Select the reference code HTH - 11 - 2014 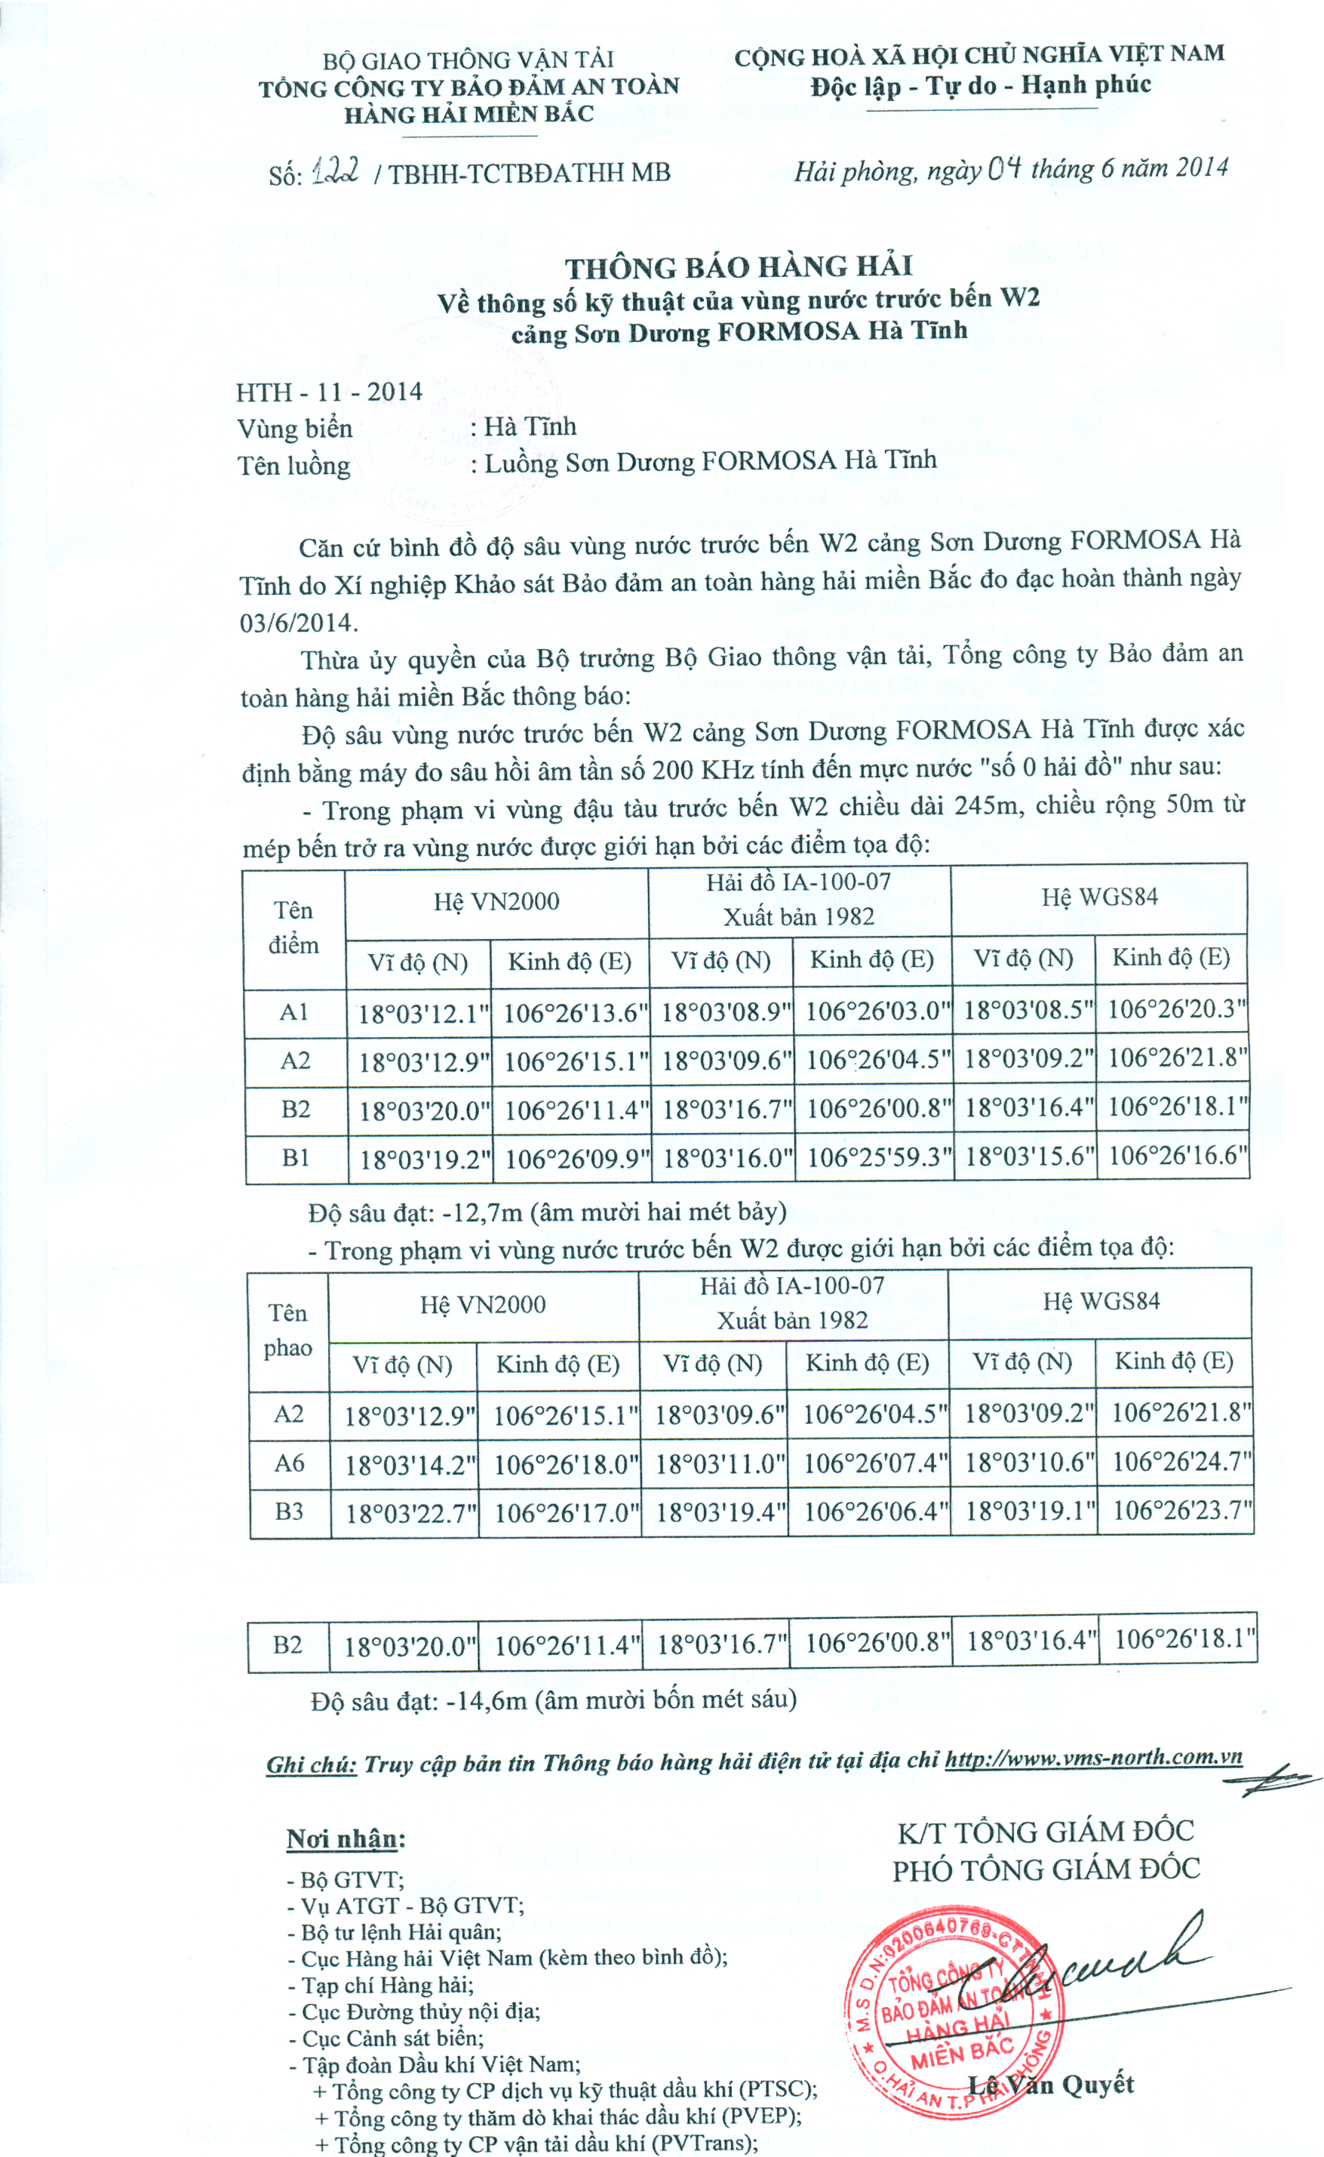(328, 392)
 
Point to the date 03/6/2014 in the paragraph (299, 623)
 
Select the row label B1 (296, 1158)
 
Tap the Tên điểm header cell (293, 928)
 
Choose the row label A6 (289, 1463)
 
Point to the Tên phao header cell (288, 1329)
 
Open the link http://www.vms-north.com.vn (1093, 1757)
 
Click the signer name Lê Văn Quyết (1051, 2085)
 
